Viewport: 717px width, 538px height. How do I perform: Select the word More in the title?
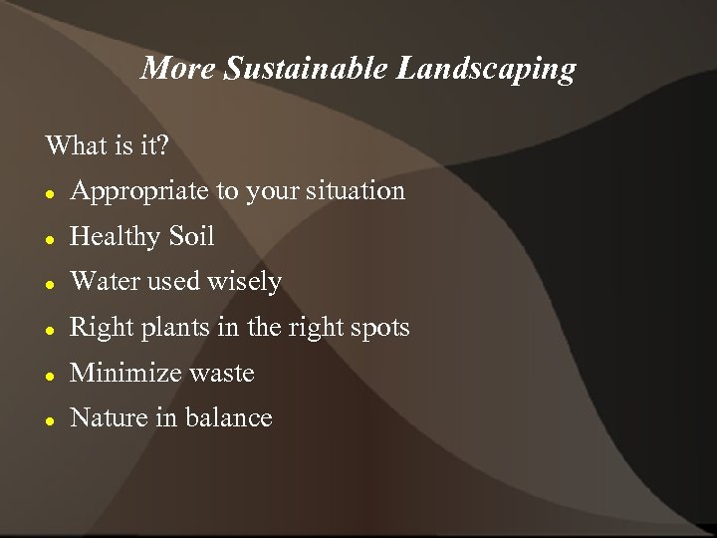(179, 69)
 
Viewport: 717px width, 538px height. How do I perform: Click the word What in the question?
(77, 145)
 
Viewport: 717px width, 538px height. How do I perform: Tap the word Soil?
(191, 236)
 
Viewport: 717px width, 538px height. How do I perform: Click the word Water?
(105, 282)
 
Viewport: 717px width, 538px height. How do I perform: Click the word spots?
(378, 328)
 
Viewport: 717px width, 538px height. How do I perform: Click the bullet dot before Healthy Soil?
(50, 239)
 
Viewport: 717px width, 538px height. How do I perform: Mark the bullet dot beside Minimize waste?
(50, 376)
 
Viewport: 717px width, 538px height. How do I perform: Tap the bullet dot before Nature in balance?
(50, 420)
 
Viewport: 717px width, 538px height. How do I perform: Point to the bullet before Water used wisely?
(50, 284)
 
